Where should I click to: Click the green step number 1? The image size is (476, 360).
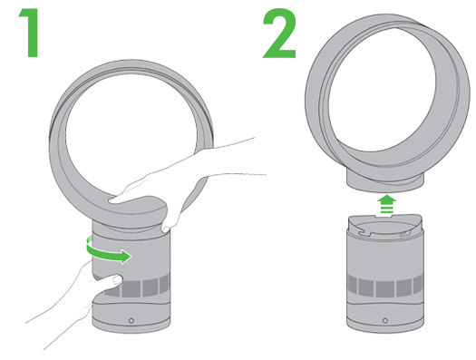coord(30,33)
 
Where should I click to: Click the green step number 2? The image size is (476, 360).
coord(279,33)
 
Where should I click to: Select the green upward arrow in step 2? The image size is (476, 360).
coord(386,205)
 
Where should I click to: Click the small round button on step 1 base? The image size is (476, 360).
coord(131,320)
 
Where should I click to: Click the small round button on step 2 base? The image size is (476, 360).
coord(385,320)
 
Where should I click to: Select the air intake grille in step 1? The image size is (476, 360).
coord(137,287)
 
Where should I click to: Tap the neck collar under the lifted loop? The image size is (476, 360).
coord(385,181)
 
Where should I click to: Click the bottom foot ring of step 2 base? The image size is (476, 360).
coord(385,326)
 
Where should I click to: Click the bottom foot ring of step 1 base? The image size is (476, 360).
coord(131,326)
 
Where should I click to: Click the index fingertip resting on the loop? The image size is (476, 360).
coord(112,200)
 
